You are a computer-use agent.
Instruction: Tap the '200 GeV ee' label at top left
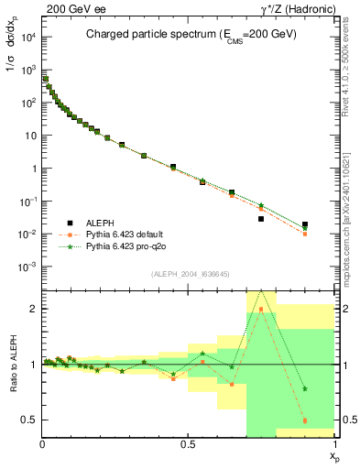[68, 7]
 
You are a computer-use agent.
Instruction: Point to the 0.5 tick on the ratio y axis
[30, 420]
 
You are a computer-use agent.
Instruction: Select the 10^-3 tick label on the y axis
[27, 267]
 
